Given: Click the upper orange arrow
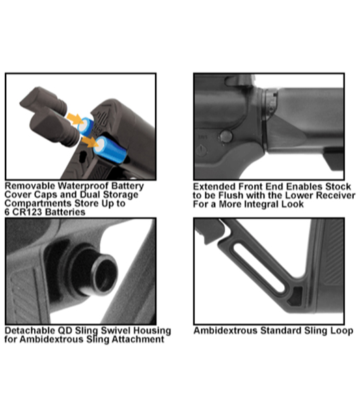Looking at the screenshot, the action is [x=75, y=119].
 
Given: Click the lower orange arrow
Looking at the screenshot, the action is [x=89, y=142].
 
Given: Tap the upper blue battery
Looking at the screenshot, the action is [x=86, y=126].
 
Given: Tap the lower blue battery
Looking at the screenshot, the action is [x=111, y=150].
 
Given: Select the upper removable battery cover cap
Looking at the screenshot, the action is [x=43, y=101].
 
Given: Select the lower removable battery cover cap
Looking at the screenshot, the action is [x=55, y=127].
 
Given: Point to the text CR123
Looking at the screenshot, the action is [x=26, y=212].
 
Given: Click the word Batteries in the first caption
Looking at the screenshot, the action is [x=65, y=212].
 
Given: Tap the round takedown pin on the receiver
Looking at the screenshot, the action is [x=225, y=136].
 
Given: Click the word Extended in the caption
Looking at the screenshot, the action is [x=214, y=187].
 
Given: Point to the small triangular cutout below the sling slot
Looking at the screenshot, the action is [x=295, y=297].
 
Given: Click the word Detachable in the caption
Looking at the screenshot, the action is [x=30, y=331].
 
